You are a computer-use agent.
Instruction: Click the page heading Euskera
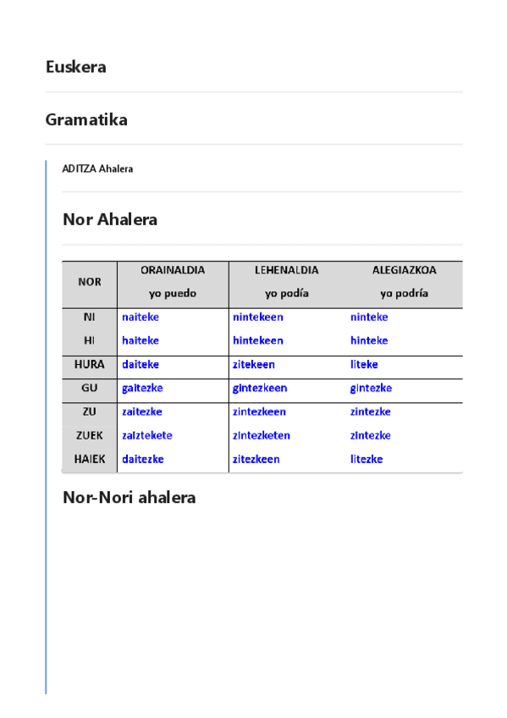click(x=76, y=67)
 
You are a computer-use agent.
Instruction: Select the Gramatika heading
click(x=86, y=119)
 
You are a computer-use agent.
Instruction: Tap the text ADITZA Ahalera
click(x=97, y=168)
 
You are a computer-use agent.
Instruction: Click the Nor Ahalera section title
click(x=110, y=219)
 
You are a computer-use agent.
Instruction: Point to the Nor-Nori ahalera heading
click(x=129, y=497)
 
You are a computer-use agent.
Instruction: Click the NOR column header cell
click(x=90, y=282)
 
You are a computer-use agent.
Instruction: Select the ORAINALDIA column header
click(x=173, y=270)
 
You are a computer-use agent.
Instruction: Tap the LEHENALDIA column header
click(x=286, y=270)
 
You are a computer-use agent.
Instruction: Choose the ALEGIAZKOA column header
click(x=404, y=270)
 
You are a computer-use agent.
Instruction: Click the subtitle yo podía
click(x=286, y=294)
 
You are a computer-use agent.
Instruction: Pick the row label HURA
click(x=90, y=364)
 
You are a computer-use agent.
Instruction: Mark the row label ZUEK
click(x=90, y=435)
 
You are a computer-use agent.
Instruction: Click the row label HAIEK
click(x=90, y=459)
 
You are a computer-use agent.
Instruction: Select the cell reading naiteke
click(x=141, y=317)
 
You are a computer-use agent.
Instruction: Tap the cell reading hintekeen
click(x=257, y=340)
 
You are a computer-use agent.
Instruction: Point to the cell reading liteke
click(x=364, y=364)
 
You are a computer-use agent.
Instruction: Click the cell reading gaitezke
click(x=142, y=388)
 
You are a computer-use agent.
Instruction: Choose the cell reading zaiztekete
click(x=147, y=435)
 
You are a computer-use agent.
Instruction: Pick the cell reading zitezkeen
click(x=256, y=459)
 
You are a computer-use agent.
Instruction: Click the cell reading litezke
click(x=366, y=459)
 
